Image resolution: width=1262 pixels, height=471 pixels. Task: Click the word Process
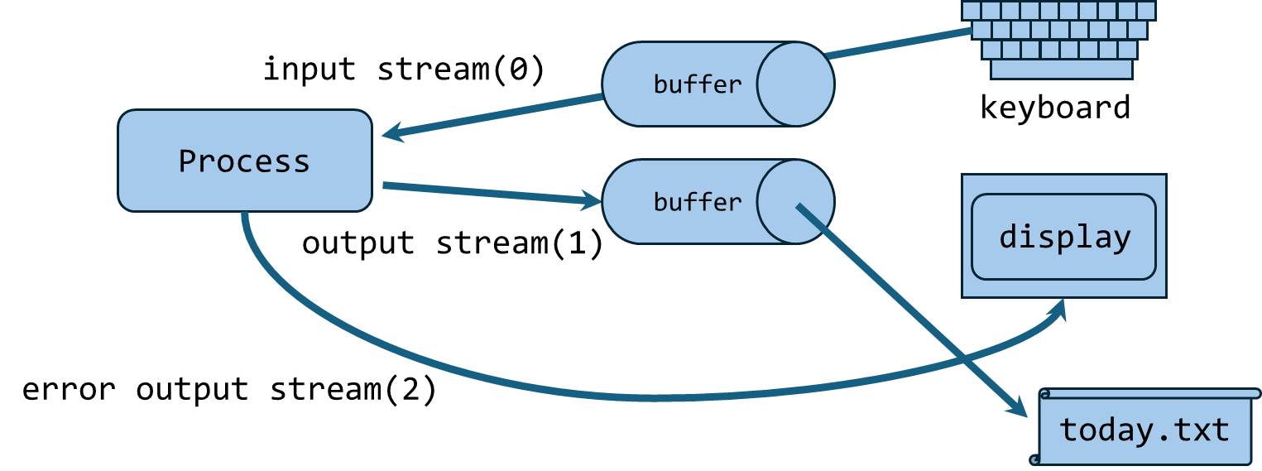pos(244,161)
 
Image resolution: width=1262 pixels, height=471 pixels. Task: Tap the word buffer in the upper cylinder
pos(697,84)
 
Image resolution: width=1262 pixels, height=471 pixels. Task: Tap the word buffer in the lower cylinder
pos(697,202)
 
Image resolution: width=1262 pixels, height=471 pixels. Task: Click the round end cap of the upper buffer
pos(794,84)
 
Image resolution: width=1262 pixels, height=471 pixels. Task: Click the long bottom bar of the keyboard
pos(1061,70)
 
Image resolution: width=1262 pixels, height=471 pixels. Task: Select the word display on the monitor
pos(1064,238)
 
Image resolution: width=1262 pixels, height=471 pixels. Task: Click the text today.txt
pos(1144,430)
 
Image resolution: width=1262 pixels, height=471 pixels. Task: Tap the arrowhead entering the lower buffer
pos(593,199)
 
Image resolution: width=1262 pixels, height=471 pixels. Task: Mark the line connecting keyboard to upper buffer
pos(898,44)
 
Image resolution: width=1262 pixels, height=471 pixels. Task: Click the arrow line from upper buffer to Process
pos(497,115)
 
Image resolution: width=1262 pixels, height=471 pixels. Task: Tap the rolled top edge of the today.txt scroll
pos(1150,394)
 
